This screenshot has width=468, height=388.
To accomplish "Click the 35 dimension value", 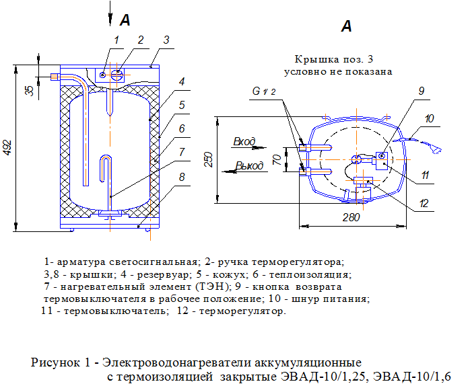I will point(29,90).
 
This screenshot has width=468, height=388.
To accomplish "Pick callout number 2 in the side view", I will point(140,40).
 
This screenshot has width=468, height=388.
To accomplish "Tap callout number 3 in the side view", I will point(166,40).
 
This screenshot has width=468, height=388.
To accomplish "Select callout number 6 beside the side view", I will point(182,127).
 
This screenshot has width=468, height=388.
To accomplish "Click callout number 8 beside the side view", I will point(182,177).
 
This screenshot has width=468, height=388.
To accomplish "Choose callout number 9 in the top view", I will point(421,91).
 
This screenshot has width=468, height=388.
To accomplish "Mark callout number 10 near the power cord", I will point(430,118).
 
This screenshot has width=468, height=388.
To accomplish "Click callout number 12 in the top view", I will point(424,202).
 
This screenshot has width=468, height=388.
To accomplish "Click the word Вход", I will point(244,142).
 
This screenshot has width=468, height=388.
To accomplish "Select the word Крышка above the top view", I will point(313,59).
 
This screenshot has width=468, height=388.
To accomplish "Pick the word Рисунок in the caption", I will point(55,362).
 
